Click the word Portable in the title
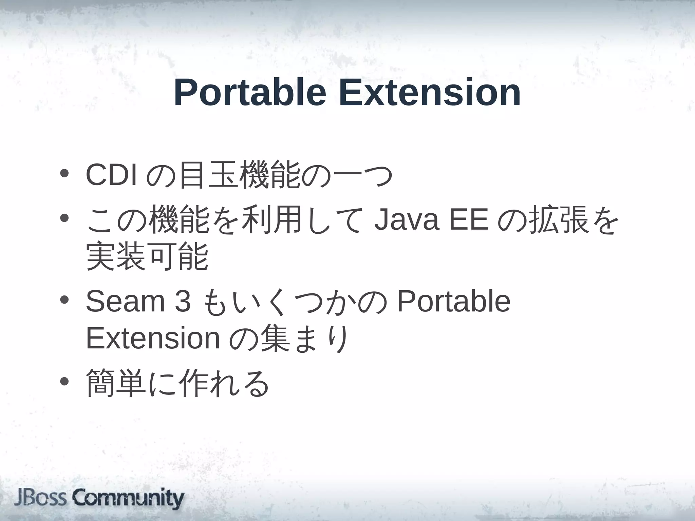tap(250, 93)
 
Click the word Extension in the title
tap(430, 92)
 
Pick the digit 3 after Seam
tap(183, 301)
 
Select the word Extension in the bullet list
tap(153, 338)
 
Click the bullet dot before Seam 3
tap(64, 300)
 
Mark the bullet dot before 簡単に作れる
tap(64, 382)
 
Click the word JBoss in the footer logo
tap(41, 498)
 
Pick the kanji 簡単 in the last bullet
tap(116, 383)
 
